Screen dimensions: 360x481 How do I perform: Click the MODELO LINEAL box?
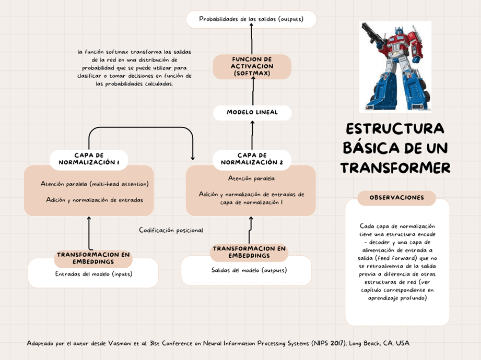pos(252,113)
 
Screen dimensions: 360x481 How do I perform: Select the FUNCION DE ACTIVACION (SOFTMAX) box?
pos(252,67)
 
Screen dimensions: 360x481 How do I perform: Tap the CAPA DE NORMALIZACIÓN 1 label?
pos(89,159)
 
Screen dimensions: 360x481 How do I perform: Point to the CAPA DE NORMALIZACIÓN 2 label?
pos(252,159)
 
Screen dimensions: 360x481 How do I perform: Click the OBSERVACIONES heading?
pos(397,198)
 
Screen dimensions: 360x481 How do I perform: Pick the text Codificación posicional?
pos(171,230)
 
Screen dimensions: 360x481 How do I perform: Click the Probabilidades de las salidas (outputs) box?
pos(251,19)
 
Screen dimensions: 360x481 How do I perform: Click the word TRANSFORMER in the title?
pos(395,168)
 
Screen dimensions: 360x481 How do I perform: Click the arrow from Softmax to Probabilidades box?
pos(251,41)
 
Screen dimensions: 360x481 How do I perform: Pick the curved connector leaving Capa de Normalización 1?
pos(141,128)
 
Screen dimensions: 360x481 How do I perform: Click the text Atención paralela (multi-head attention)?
pos(95,184)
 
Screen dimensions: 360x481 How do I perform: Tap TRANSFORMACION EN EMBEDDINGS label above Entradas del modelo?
pos(93,258)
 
